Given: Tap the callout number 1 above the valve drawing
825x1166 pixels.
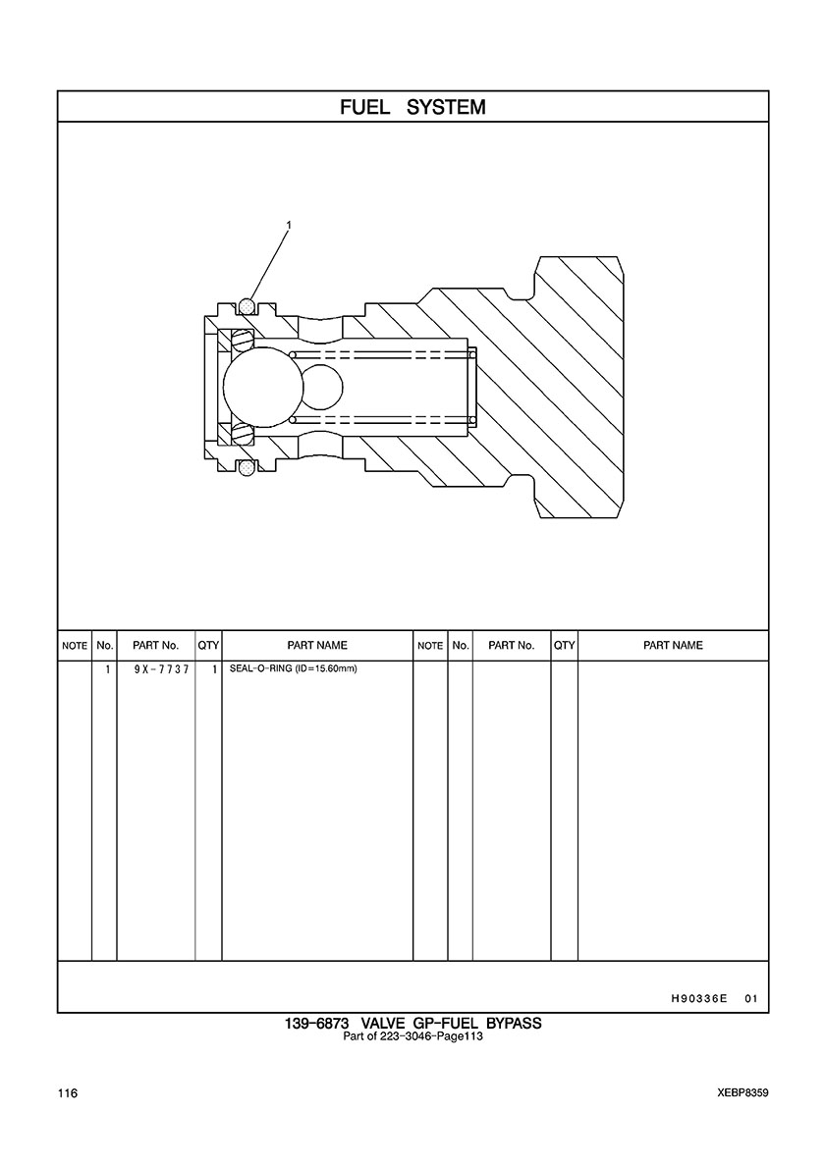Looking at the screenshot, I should (288, 226).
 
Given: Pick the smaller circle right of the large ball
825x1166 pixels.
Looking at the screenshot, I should (321, 386).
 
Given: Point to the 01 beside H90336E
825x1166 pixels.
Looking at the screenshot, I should (751, 999).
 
